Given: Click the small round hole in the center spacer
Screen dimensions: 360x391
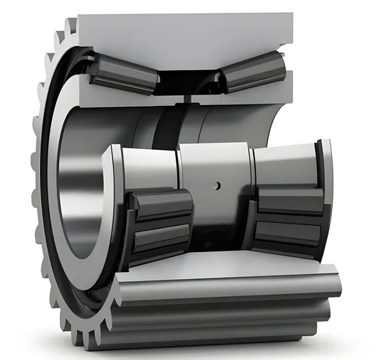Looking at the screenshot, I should coord(218,186).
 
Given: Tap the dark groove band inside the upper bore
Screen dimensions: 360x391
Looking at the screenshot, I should coord(168,128).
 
